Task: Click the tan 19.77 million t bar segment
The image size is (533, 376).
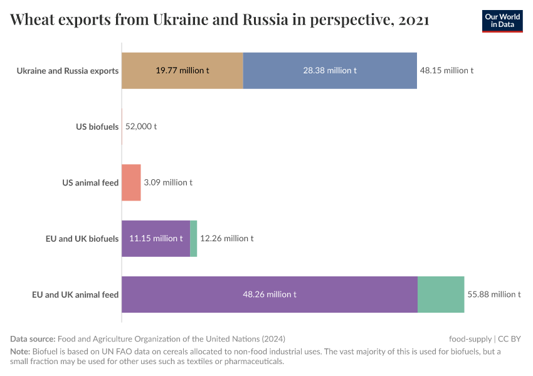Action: [182, 70]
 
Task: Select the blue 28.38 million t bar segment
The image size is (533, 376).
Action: [330, 70]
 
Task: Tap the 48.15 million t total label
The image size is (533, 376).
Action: [446, 70]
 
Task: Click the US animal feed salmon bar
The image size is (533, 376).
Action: [131, 182]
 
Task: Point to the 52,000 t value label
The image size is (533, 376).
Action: [141, 127]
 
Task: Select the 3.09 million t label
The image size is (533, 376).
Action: [168, 182]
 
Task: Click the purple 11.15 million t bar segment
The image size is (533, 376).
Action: [156, 238]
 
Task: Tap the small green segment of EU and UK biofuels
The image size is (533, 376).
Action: [194, 238]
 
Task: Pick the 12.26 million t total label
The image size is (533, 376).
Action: [227, 238]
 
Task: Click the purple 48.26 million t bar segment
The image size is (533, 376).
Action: [270, 294]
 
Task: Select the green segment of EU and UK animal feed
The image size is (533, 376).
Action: [441, 294]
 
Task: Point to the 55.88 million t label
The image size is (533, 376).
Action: [493, 294]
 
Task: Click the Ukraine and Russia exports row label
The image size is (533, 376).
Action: [68, 70]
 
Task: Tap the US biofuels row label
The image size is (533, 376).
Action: [97, 127]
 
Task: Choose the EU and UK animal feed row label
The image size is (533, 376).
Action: [75, 294]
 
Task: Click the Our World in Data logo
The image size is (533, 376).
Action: [502, 21]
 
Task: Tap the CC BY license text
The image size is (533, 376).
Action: [510, 338]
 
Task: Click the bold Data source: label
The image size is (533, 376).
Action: [33, 338]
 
